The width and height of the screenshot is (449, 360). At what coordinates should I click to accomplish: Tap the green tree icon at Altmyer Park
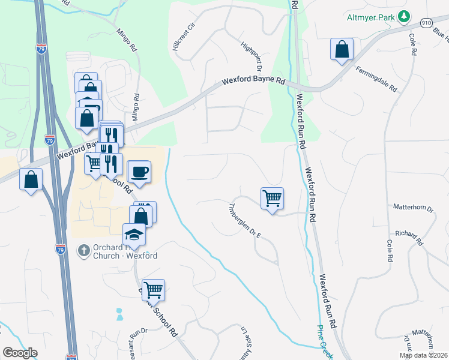pyautogui.click(x=405, y=17)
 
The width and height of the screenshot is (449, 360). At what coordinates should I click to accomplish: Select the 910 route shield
pyautogui.click(x=426, y=23)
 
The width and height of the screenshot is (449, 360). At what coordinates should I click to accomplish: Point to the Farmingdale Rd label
pyautogui.click(x=376, y=79)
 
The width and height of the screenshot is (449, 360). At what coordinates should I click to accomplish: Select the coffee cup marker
pyautogui.click(x=139, y=172)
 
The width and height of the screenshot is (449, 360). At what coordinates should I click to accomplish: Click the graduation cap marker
pyautogui.click(x=134, y=235)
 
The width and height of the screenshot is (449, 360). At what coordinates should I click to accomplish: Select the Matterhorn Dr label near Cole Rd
pyautogui.click(x=412, y=208)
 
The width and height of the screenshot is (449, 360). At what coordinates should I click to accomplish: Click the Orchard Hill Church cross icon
pyautogui.click(x=85, y=249)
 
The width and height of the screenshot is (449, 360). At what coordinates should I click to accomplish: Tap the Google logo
pyautogui.click(x=20, y=353)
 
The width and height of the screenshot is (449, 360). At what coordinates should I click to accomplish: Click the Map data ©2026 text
pyautogui.click(x=424, y=355)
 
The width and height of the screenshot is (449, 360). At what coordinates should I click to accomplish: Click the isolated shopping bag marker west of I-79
pyautogui.click(x=31, y=179)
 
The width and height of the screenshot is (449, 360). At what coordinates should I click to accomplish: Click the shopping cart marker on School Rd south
pyautogui.click(x=153, y=290)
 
